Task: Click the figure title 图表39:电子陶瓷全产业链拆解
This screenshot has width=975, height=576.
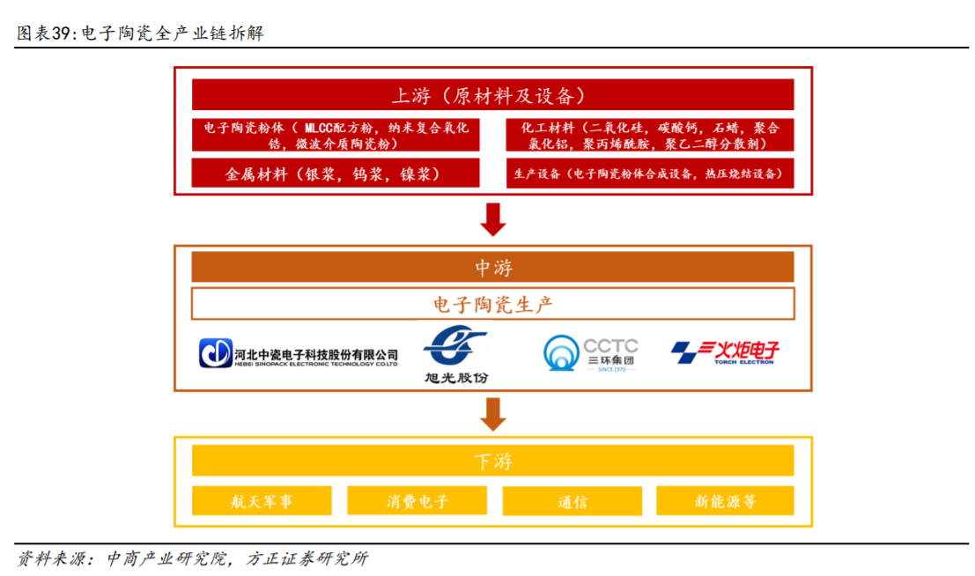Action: pos(140,33)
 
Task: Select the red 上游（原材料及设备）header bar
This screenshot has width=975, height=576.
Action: pos(492,95)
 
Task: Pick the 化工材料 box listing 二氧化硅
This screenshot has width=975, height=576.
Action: pos(649,135)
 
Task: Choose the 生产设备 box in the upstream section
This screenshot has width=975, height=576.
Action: pos(649,174)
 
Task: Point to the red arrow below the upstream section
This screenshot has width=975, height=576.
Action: pos(493,219)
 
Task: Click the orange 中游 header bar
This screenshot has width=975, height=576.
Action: pos(492,267)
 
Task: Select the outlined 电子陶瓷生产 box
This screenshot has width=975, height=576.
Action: pos(492,305)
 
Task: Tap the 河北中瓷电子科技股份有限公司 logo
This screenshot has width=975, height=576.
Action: pos(299,353)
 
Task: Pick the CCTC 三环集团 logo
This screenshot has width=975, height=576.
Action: pos(590,353)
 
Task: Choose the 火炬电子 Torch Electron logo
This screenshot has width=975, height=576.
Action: pos(725,352)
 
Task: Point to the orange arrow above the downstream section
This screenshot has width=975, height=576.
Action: pos(493,413)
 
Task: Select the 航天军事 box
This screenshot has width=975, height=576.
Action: pos(262,501)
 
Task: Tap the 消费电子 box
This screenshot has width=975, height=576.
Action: pos(417,501)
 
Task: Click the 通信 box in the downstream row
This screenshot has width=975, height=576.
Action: pos(572,501)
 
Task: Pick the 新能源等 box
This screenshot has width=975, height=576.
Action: pos(725,501)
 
